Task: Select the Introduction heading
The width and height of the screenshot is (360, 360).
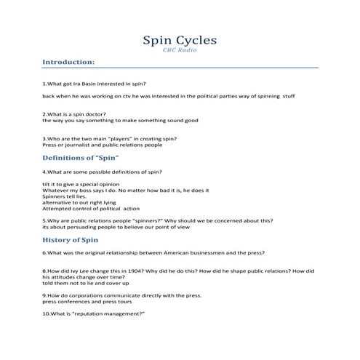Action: click(68, 63)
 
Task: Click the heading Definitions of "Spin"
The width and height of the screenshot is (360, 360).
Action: click(81, 157)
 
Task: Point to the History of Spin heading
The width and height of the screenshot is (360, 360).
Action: click(71, 239)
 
